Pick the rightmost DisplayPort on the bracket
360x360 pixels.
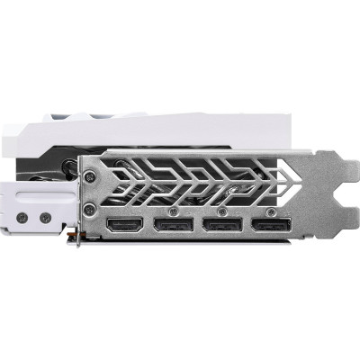(x=266, y=225)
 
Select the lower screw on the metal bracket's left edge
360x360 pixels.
(x=89, y=210)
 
